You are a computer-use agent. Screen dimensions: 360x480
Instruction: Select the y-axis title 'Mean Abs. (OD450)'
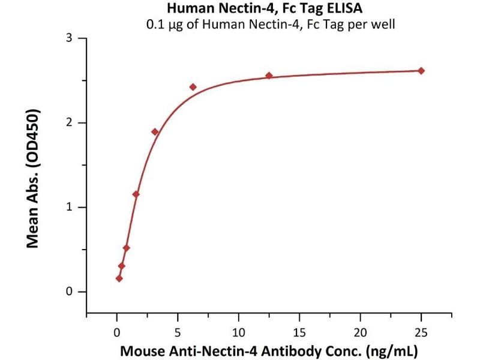pyautogui.click(x=34, y=179)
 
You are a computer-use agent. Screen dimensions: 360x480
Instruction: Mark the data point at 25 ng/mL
pyautogui.click(x=421, y=71)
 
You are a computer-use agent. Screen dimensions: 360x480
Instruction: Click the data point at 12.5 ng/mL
pyautogui.click(x=269, y=76)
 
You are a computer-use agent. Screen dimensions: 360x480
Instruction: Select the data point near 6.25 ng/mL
pyautogui.click(x=193, y=87)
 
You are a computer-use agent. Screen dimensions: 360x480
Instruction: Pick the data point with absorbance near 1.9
pyautogui.click(x=155, y=132)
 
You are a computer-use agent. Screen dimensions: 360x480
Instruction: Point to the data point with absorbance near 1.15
pyautogui.click(x=136, y=194)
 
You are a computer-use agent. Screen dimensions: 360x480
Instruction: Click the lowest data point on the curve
pyautogui.click(x=119, y=278)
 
